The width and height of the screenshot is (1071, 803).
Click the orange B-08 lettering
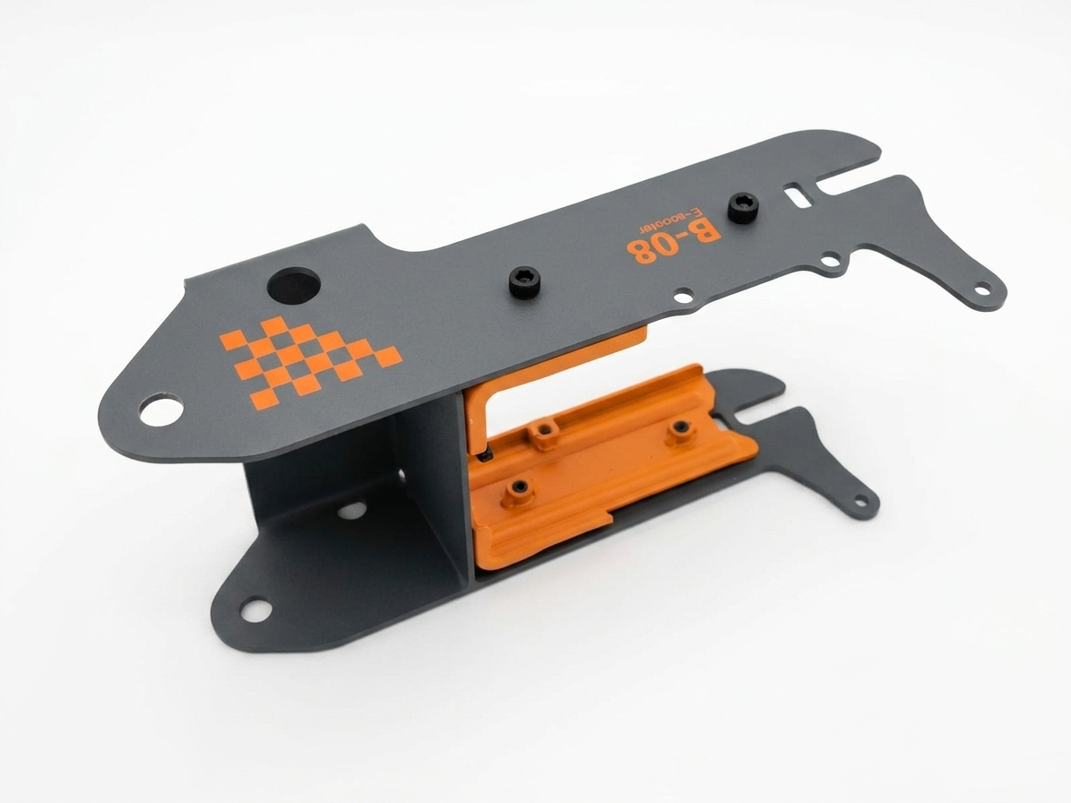(x=673, y=240)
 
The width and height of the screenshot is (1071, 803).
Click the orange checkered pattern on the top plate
(x=311, y=361)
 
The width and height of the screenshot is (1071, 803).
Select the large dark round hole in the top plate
(x=294, y=285)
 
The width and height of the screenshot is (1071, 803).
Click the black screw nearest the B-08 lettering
(x=740, y=207)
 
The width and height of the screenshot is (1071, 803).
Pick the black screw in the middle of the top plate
(x=524, y=282)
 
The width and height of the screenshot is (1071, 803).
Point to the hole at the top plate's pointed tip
(x=161, y=411)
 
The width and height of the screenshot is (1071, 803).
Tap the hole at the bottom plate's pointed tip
(x=256, y=609)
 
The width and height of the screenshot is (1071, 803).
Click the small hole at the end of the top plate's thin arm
(x=983, y=289)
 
